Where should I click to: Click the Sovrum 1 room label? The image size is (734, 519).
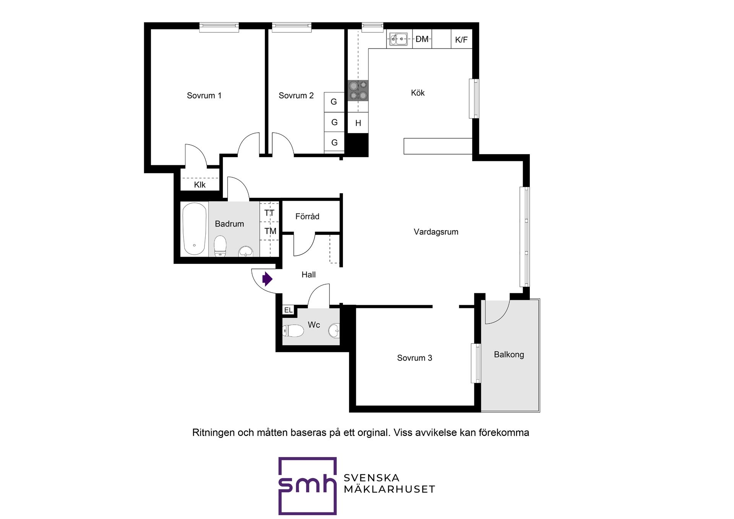click(x=204, y=96)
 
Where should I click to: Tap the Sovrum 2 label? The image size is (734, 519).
click(x=296, y=96)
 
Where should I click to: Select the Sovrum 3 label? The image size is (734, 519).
click(x=414, y=358)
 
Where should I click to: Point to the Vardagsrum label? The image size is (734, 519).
click(x=436, y=232)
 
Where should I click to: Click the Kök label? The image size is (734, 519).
click(x=418, y=93)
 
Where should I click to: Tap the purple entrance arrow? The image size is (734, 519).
click(x=267, y=279)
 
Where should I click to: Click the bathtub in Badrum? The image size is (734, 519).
click(x=195, y=229)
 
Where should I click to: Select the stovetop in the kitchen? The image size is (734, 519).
click(x=358, y=90)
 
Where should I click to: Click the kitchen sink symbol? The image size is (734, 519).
click(x=398, y=39)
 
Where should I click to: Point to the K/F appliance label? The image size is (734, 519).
click(x=461, y=40)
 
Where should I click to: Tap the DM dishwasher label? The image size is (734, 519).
click(x=422, y=39)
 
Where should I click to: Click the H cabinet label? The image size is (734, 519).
click(x=358, y=123)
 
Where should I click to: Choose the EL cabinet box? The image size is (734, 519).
click(x=288, y=310)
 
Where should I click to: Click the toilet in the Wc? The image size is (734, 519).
click(x=293, y=331)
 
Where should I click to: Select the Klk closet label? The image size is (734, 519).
click(x=200, y=185)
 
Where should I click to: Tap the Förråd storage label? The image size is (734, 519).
click(x=307, y=216)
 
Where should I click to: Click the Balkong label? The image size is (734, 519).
click(x=509, y=355)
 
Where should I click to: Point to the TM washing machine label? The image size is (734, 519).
click(x=270, y=231)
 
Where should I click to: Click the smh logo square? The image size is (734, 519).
click(x=307, y=486)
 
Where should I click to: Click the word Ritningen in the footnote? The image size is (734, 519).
click(x=213, y=433)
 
